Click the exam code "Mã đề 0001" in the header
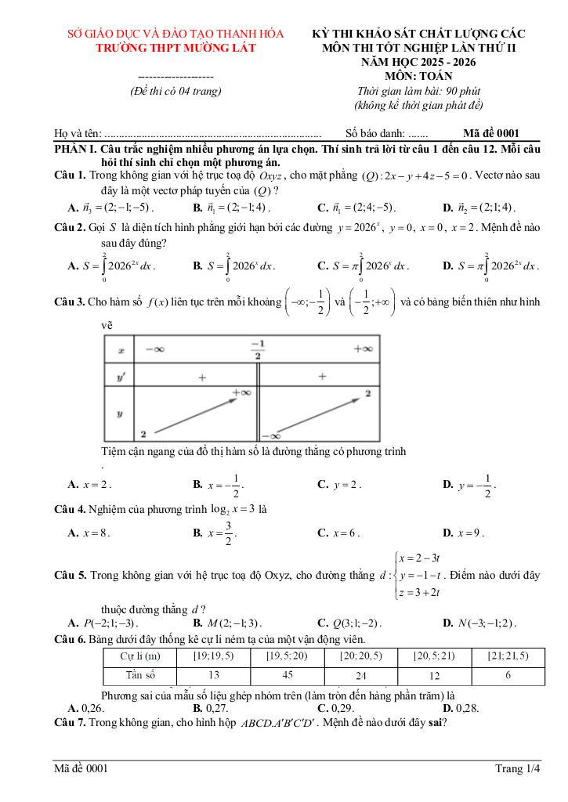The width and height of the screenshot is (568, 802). (491, 133)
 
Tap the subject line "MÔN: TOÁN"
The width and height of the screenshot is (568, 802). (418, 76)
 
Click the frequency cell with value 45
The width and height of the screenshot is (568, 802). (287, 675)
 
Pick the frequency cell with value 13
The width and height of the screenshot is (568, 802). (214, 675)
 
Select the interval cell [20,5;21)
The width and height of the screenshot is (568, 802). (433, 656)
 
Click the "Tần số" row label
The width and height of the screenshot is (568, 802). (141, 675)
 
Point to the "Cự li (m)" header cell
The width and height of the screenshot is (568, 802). (141, 656)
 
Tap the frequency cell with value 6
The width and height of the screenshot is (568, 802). (507, 675)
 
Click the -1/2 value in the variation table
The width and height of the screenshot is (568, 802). (257, 349)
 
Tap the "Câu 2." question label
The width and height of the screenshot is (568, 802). (69, 226)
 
